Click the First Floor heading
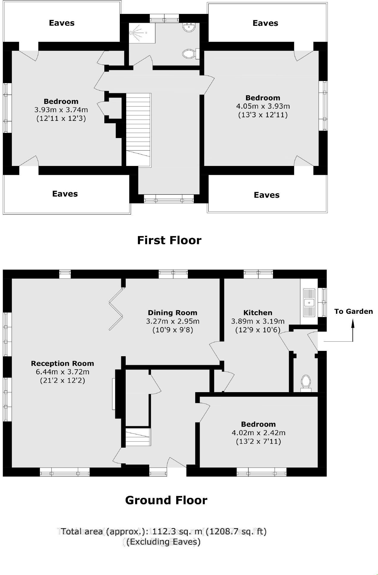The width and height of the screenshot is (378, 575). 169,240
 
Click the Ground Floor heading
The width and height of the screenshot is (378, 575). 166,500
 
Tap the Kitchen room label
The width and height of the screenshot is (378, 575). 258,312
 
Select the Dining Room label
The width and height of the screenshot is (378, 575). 172,312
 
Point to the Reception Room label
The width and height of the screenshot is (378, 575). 62,363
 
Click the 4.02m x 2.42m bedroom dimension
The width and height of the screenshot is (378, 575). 258,433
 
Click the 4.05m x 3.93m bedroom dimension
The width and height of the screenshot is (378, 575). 263,106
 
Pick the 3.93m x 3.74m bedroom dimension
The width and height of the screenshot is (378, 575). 61,110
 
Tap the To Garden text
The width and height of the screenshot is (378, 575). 353,311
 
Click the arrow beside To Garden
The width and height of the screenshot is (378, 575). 352,331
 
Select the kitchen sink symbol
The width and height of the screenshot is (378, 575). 309,302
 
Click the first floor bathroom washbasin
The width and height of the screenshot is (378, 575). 188,28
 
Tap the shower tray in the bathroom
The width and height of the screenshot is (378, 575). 142,33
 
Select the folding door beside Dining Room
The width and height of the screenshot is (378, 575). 116,309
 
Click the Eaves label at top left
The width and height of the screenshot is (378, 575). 62,23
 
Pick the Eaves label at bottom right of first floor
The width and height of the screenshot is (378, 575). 267,195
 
